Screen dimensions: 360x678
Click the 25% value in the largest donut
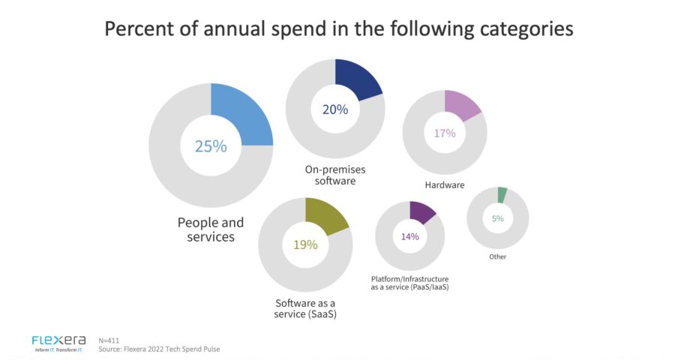tap(211, 146)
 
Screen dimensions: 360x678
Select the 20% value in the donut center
tap(335, 109)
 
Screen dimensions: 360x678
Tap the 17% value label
tap(445, 133)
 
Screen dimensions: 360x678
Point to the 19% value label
tap(304, 244)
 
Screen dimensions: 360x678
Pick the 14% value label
tap(409, 236)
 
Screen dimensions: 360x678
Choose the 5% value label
tap(497, 218)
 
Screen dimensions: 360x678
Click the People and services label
tap(211, 229)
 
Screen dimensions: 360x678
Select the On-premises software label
tap(335, 175)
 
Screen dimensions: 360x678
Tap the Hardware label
tap(445, 184)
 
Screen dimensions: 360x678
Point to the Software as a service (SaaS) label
tap(304, 309)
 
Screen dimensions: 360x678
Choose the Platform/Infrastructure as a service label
tap(409, 283)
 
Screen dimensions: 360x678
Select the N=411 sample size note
tap(109, 340)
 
